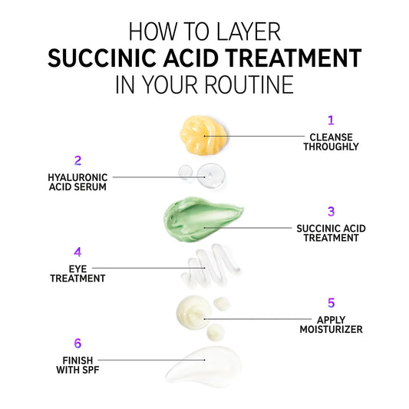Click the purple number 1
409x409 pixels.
(x=331, y=120)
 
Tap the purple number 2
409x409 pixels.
(x=78, y=160)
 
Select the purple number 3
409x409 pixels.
(x=331, y=212)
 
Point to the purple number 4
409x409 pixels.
(x=78, y=252)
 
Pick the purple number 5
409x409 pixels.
(x=331, y=303)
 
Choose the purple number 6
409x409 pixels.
(x=78, y=343)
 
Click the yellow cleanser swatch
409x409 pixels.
(x=203, y=135)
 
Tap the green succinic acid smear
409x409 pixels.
(x=201, y=219)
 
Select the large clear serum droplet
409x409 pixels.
(x=211, y=175)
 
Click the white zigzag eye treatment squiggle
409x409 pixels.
(x=211, y=266)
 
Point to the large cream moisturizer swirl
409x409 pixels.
(x=193, y=312)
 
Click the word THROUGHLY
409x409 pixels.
(x=331, y=147)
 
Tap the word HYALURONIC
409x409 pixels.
(x=78, y=177)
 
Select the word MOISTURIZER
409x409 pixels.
(x=331, y=329)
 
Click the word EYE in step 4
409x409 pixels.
(x=78, y=269)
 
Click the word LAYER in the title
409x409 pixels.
(x=249, y=31)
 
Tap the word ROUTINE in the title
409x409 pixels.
(x=249, y=84)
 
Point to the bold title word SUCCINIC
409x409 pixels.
(x=103, y=58)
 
